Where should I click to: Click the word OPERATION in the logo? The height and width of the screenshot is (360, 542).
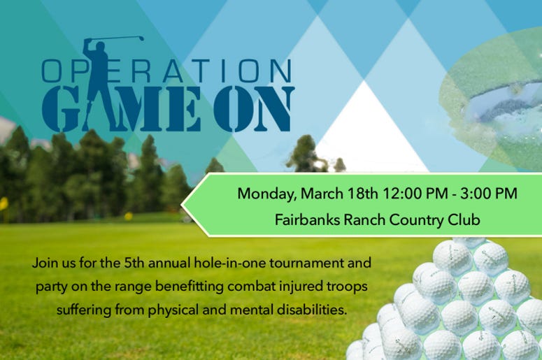click(166, 71)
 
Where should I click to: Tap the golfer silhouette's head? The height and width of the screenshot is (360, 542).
click(100, 47)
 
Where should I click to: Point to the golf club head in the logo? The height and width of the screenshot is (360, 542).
click(141, 38)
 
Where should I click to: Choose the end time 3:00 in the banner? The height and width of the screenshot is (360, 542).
click(476, 193)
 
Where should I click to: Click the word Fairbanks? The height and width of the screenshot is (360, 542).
click(307, 219)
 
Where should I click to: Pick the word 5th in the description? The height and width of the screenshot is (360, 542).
click(134, 263)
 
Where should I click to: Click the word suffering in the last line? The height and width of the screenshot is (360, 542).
click(84, 310)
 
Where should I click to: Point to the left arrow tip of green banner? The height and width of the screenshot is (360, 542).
click(181, 205)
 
